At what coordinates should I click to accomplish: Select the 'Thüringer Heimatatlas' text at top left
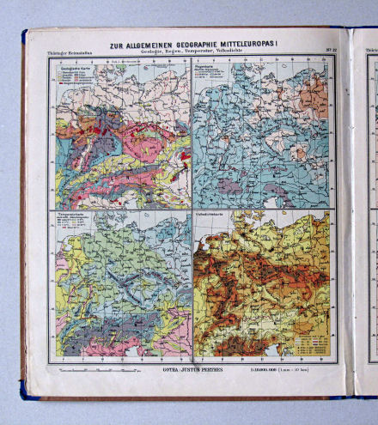[x=65, y=52]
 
